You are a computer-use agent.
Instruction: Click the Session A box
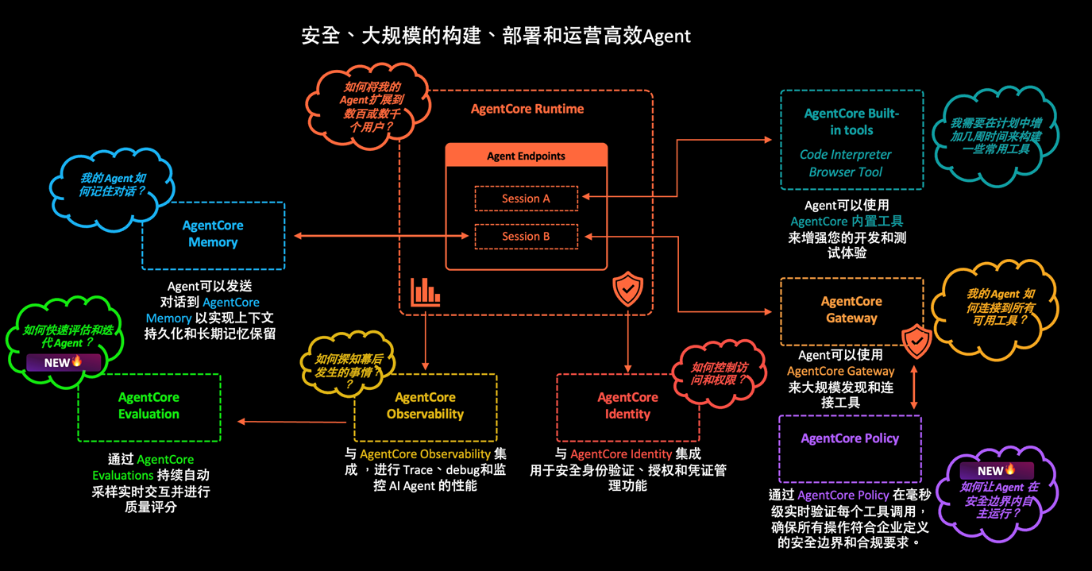pos(526,199)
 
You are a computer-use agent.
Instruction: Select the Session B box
pos(526,237)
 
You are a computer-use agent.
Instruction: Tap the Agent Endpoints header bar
pos(526,156)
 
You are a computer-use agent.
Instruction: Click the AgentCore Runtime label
pos(527,109)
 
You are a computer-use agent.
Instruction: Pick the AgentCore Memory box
pos(213,234)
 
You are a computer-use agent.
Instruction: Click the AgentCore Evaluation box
pos(149,406)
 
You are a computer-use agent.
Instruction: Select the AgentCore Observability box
pos(425,406)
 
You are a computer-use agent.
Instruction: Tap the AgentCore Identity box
pos(627,406)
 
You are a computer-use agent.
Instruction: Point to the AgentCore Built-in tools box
pos(851,139)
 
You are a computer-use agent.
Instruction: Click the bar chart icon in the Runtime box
pos(425,292)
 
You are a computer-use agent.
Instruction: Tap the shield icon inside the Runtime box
pos(627,289)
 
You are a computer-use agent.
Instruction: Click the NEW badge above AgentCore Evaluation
pos(64,363)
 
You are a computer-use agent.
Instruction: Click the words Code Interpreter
pos(845,155)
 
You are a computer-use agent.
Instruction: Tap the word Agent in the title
pos(666,37)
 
